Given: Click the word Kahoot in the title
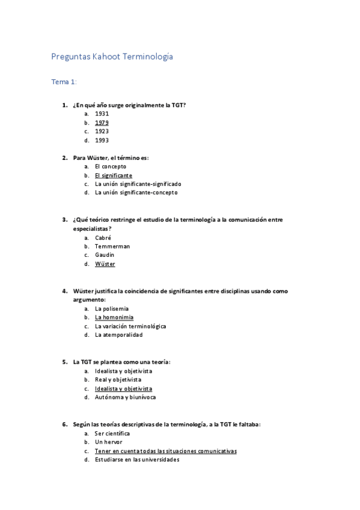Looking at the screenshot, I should [x=106, y=57].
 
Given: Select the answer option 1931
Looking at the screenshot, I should [x=102, y=113].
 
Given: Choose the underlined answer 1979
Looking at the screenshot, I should [x=102, y=122].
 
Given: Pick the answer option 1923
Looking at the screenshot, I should [x=102, y=131].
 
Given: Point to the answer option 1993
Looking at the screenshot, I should [x=102, y=140].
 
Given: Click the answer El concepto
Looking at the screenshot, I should [x=111, y=166].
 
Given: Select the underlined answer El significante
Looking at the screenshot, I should [x=114, y=175].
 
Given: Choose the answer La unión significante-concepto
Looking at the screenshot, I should [x=136, y=192].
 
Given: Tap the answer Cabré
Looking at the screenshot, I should [x=103, y=238].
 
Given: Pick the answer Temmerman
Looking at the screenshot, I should [x=112, y=246].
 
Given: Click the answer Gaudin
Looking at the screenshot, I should [x=105, y=255].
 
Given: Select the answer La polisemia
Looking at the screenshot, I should [x=112, y=309].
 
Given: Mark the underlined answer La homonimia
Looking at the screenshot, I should [x=114, y=317].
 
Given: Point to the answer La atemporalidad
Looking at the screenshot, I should [x=119, y=335].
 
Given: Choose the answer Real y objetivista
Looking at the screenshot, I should [x=118, y=379].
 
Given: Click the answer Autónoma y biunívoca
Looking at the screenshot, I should [x=122, y=397].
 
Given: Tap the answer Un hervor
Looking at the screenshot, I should [x=108, y=442].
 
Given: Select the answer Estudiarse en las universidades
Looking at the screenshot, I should [x=137, y=459].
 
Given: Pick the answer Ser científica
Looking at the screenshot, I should [x=112, y=433].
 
